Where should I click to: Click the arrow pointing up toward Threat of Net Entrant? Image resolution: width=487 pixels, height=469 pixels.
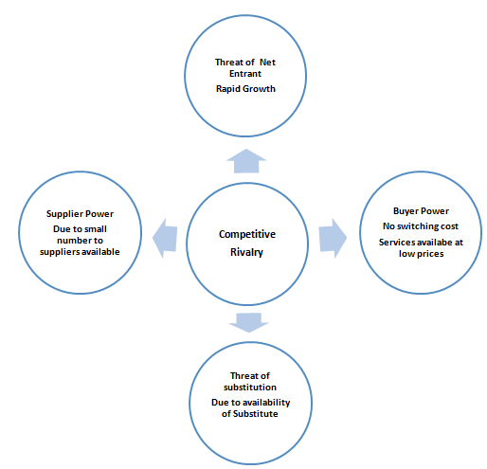[246, 161]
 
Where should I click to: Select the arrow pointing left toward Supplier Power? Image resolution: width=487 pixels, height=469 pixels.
[165, 239]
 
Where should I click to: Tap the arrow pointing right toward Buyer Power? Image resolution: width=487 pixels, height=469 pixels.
[333, 239]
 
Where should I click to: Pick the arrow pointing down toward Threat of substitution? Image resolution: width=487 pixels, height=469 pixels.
[248, 322]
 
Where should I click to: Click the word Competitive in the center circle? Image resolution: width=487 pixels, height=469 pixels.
[247, 234]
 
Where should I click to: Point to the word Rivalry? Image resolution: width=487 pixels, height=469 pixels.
[246, 252]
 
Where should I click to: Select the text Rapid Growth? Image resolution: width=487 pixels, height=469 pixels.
[245, 89]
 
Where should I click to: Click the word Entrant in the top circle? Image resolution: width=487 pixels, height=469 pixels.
[245, 74]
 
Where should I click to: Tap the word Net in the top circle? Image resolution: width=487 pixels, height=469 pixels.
[267, 63]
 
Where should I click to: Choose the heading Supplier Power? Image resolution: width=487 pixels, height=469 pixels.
[80, 214]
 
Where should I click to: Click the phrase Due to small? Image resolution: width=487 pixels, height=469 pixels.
[80, 229]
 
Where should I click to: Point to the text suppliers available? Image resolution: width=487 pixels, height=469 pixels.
[80, 252]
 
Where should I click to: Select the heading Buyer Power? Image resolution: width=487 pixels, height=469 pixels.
[421, 211]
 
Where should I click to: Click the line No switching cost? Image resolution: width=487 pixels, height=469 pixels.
[421, 226]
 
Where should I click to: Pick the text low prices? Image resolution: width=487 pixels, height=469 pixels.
[421, 254]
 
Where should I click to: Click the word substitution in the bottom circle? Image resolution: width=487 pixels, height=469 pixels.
[250, 388]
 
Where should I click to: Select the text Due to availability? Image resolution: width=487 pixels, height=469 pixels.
[250, 403]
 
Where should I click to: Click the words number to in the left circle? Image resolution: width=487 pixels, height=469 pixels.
[80, 241]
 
